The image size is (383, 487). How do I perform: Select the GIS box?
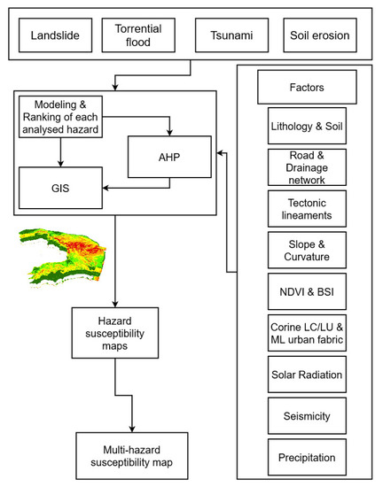click(59, 188)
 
